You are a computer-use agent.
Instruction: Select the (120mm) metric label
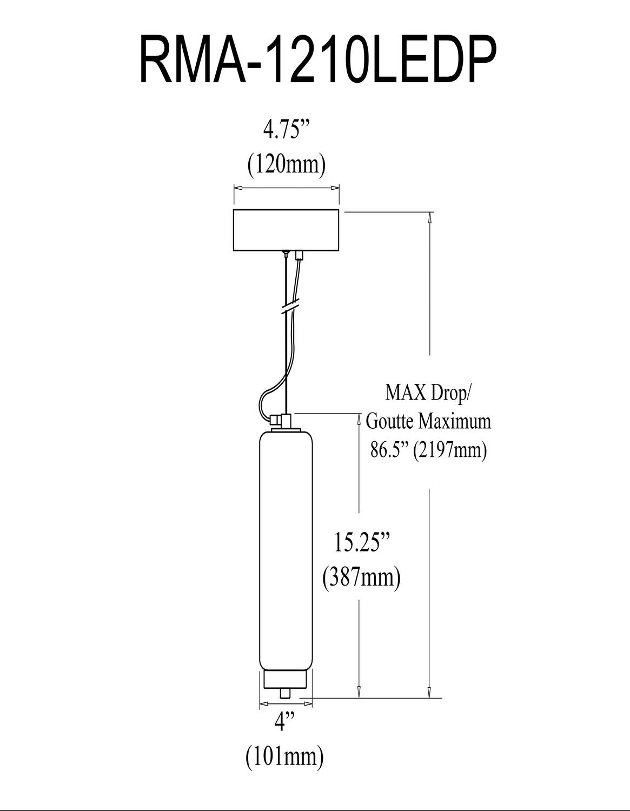point(286,163)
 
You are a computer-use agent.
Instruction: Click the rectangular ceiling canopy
point(286,230)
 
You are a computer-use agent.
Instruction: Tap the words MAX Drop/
point(428,394)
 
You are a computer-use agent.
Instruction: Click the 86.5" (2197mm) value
point(428,449)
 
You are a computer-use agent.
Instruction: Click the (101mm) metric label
point(285,755)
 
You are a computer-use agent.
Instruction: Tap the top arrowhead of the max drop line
point(429,217)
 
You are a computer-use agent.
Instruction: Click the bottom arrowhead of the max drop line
point(429,693)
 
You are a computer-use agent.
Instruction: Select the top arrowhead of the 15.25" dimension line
point(359,419)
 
